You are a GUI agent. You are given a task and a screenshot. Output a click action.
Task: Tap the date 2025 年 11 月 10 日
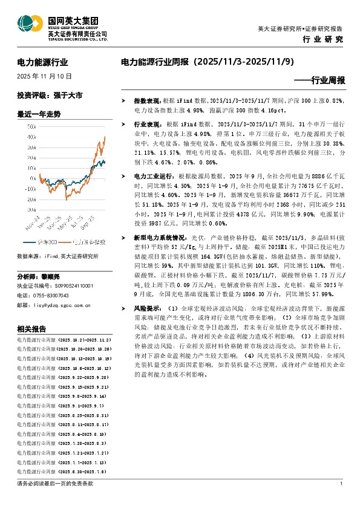(x=45, y=77)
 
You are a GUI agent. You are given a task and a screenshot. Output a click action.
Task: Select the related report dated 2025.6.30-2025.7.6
(x=62, y=472)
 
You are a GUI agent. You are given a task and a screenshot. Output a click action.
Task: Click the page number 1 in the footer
(x=342, y=484)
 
